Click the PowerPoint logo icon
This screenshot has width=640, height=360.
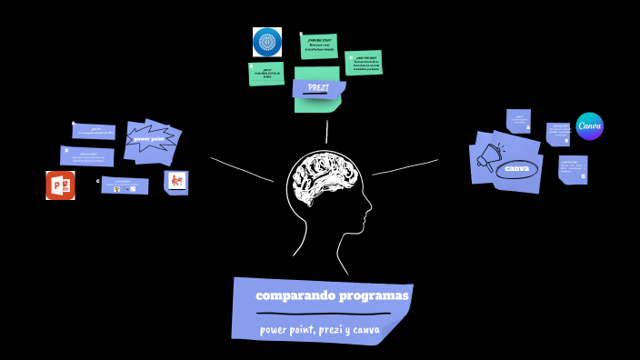pyautogui.click(x=60, y=185)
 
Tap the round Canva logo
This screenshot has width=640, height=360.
pyautogui.click(x=589, y=125)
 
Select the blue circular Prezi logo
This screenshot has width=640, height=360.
pyautogui.click(x=267, y=42)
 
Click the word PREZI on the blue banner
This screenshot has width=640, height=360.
pyautogui.click(x=318, y=88)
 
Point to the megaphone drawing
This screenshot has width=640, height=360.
pyautogui.click(x=489, y=155)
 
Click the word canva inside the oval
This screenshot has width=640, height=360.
pyautogui.click(x=516, y=168)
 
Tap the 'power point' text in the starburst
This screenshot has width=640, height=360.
pyautogui.click(x=150, y=139)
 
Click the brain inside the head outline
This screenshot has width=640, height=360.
pyautogui.click(x=321, y=177)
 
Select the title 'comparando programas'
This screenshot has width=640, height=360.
pyautogui.click(x=332, y=295)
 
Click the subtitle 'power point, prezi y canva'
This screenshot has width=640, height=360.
pyautogui.click(x=319, y=329)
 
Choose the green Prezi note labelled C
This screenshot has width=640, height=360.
pyautogui.click(x=365, y=63)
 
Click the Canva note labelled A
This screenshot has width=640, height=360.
pyautogui.click(x=518, y=120)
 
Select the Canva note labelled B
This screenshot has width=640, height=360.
pyautogui.click(x=557, y=134)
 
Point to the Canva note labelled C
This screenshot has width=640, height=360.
pyautogui.click(x=572, y=168)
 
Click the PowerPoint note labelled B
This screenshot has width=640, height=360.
pyautogui.click(x=87, y=155)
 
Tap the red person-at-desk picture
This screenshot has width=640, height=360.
pyautogui.click(x=176, y=181)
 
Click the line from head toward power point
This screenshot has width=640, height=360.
pyautogui.click(x=241, y=169)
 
